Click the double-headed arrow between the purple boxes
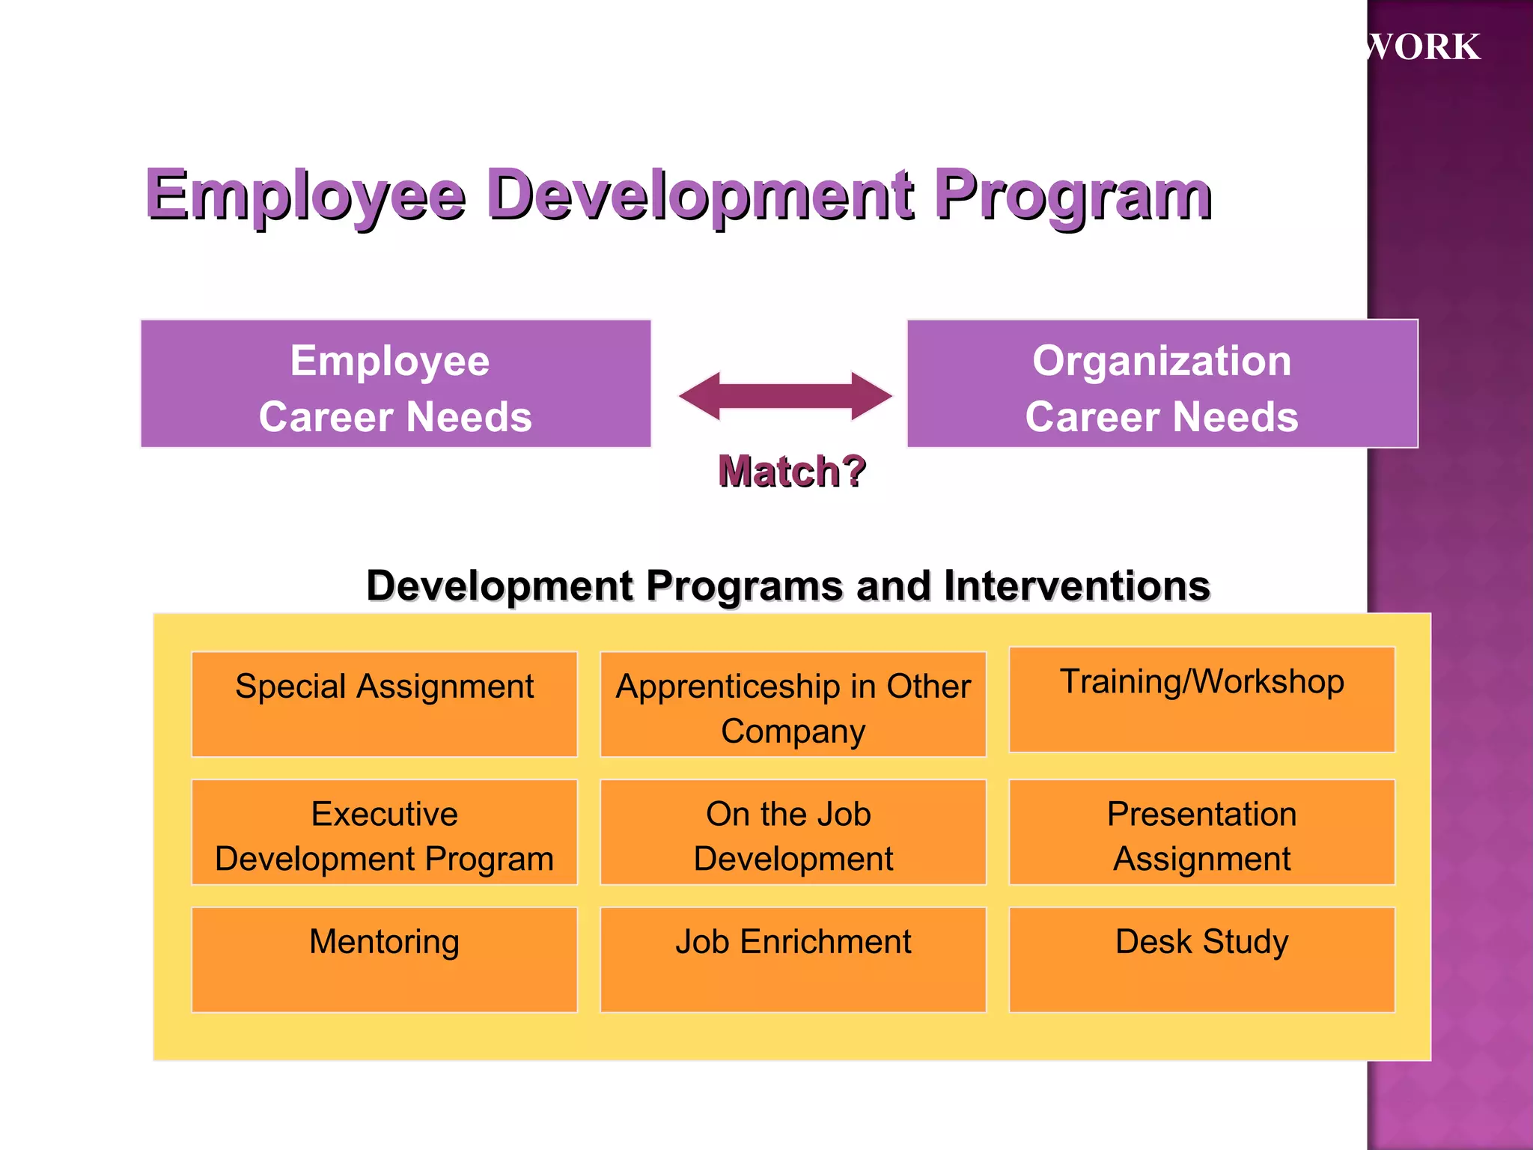[785, 396]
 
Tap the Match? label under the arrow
[792, 471]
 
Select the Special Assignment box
[384, 704]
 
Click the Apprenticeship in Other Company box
[793, 704]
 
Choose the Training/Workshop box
[1201, 699]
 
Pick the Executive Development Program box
[384, 832]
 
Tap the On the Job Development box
[793, 832]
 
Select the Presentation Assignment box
[1201, 832]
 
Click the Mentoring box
[384, 959]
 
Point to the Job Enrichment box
[793, 959]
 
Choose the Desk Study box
[1201, 959]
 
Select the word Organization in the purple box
[1162, 361]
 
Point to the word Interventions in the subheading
[1076, 585]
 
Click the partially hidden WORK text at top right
[1422, 46]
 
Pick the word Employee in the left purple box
[390, 361]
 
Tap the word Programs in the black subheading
[744, 585]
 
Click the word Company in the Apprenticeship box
[793, 731]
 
